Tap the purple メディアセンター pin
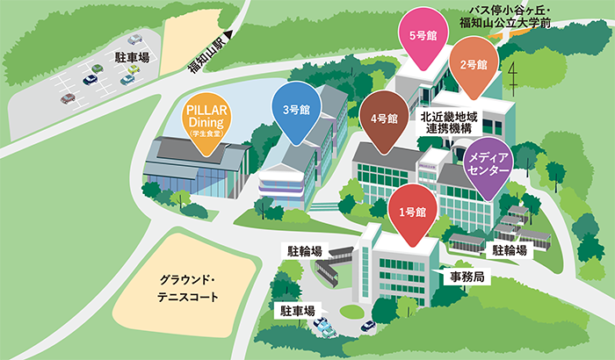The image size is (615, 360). (x=488, y=162)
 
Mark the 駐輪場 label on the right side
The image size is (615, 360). (x=510, y=250)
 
